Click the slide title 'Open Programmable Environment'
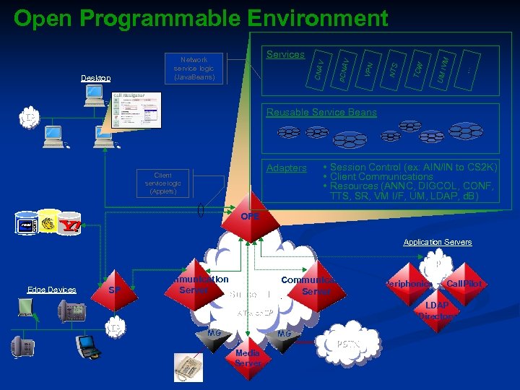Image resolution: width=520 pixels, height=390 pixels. (201, 17)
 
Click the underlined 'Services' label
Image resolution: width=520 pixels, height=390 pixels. (285, 54)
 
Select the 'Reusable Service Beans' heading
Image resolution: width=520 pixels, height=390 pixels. (321, 112)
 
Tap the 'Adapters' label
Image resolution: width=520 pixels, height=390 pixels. (287, 168)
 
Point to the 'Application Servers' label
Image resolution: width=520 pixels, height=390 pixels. (438, 242)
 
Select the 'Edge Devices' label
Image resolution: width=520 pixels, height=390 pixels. (51, 290)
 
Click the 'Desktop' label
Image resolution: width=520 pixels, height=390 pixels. (96, 77)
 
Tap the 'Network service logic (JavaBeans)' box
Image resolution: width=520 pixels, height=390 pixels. (194, 69)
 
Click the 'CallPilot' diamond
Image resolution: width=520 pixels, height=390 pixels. (464, 284)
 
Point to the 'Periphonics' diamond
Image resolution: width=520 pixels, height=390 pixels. (408, 284)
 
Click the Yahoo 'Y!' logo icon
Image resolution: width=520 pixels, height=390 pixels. (70, 223)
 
